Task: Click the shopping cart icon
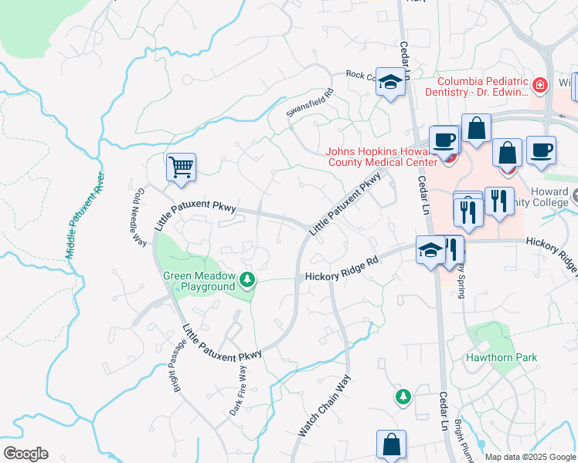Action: tap(181, 167)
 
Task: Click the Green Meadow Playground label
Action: tap(197, 281)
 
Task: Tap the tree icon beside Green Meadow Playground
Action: tap(247, 279)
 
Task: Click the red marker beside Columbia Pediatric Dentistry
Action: tap(541, 83)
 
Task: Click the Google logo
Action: tap(25, 454)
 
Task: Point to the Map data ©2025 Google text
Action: tap(529, 457)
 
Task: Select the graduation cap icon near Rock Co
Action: tap(391, 82)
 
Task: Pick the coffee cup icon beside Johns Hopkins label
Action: tap(444, 140)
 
